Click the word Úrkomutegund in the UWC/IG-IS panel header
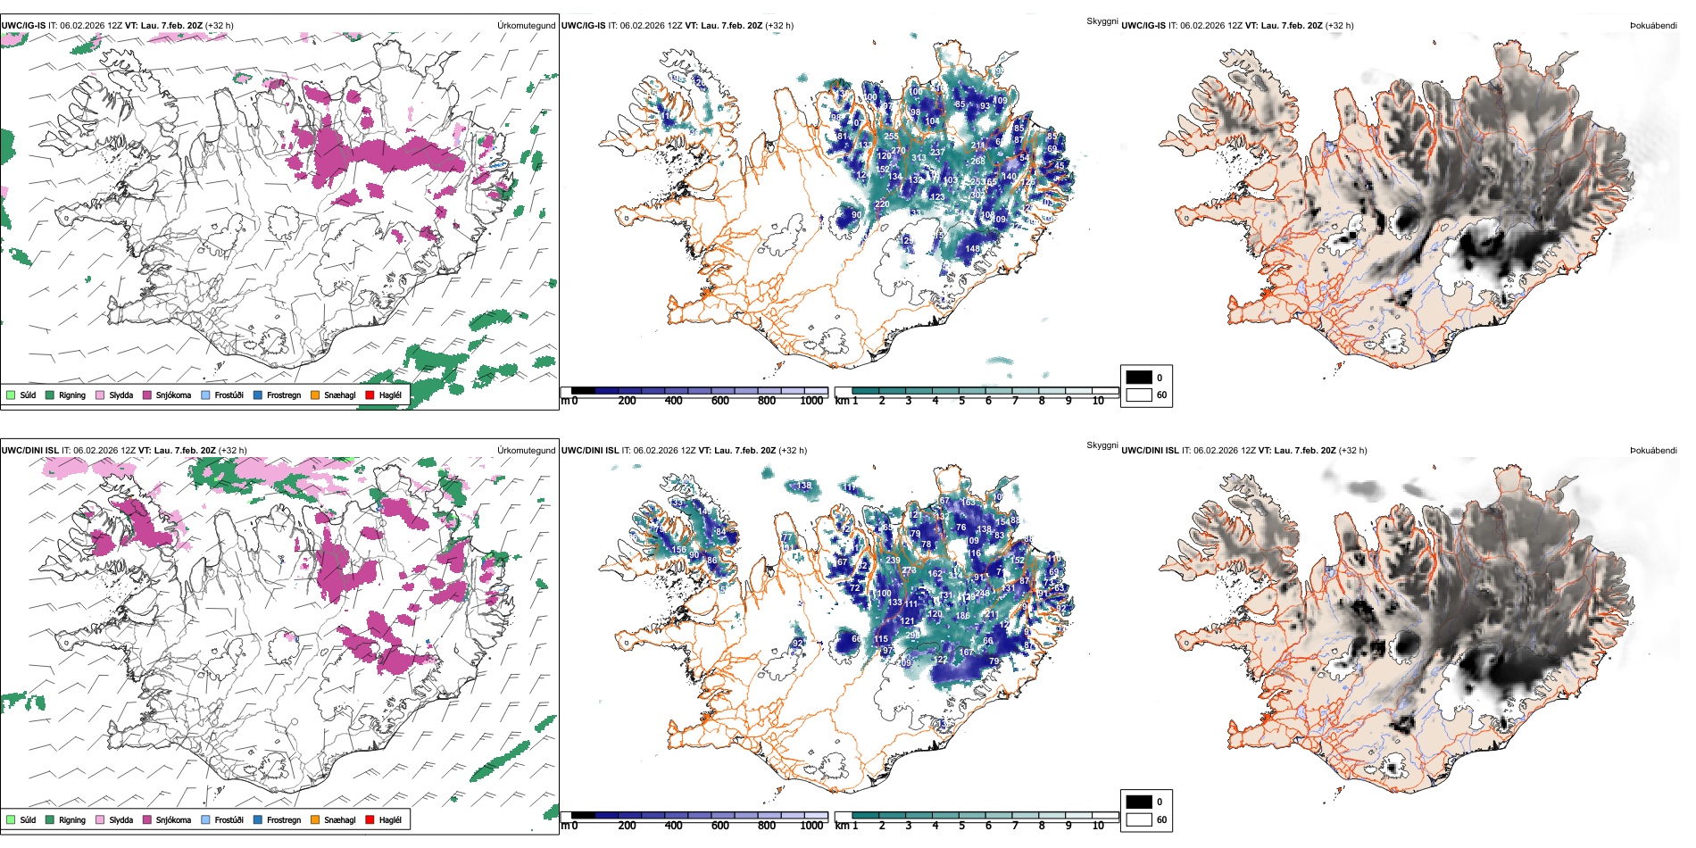click(526, 25)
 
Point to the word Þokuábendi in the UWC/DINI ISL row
click(1653, 450)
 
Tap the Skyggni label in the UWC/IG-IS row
click(1102, 21)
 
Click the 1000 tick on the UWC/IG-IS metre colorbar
click(811, 401)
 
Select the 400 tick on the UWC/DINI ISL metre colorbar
click(673, 826)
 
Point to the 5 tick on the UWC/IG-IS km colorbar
click(961, 401)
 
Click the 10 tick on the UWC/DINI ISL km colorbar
click(1098, 826)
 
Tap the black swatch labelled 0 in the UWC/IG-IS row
click(1139, 377)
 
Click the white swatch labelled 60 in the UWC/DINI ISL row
click(1139, 819)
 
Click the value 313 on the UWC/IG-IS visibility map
click(919, 158)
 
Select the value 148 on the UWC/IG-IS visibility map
click(973, 249)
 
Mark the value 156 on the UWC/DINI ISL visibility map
click(678, 551)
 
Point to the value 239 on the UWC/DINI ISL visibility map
click(893, 561)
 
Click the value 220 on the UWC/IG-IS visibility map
click(882, 204)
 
